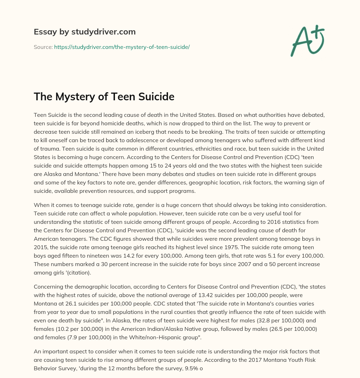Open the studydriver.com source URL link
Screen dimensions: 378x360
[122, 47]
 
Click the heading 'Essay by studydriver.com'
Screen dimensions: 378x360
[84, 32]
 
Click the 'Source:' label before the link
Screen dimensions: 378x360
[43, 47]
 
